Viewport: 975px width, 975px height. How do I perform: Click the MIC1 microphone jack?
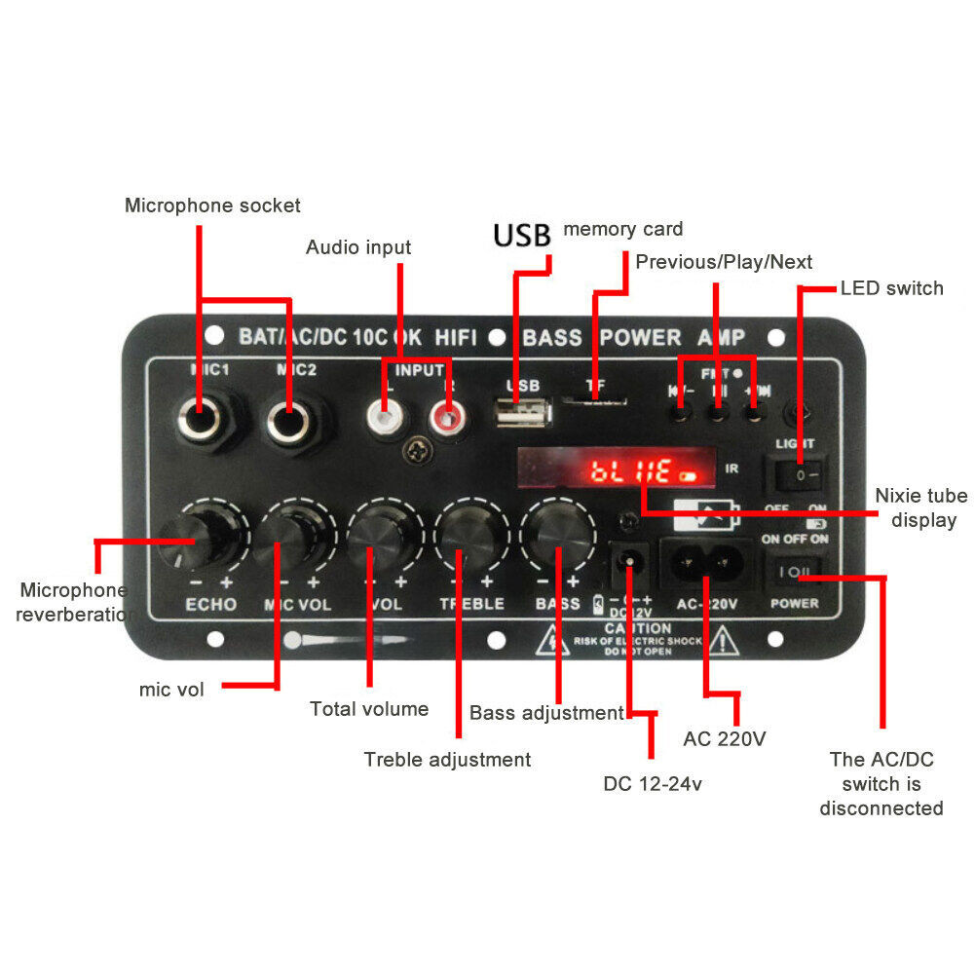(202, 422)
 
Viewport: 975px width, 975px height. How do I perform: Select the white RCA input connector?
(384, 420)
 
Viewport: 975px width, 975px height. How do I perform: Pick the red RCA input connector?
(447, 420)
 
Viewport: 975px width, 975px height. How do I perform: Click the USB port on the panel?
(523, 414)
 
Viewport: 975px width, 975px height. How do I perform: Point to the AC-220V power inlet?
(706, 562)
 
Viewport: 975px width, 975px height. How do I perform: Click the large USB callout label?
(521, 236)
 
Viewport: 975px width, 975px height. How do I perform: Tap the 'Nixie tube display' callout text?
(916, 507)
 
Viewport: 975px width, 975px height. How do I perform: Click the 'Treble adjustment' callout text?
(447, 759)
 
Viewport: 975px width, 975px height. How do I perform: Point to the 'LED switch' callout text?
(891, 288)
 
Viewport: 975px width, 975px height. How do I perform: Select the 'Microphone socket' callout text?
(212, 206)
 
